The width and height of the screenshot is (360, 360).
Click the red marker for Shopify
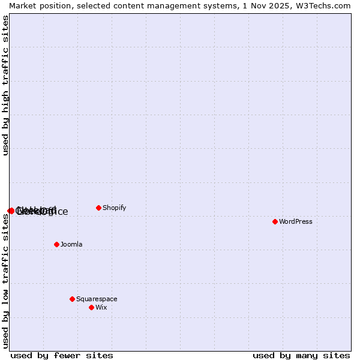point(98,208)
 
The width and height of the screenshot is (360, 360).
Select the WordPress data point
point(275,221)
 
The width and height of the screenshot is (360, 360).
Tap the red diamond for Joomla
point(56,244)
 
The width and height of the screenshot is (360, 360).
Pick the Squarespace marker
point(72,299)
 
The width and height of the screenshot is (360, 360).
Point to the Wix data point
point(91,307)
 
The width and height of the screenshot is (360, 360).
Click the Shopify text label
point(114,208)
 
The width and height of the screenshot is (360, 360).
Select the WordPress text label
point(295,221)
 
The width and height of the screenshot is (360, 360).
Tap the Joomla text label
point(71,244)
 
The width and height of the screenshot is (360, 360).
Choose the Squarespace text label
point(97,299)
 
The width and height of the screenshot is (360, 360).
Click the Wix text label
point(101,307)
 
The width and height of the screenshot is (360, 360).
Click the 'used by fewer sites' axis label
point(62,355)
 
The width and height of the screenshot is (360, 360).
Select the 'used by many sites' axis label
point(301,355)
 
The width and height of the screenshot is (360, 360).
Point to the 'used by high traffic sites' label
point(5,85)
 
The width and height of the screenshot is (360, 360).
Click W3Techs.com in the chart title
point(324,5)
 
